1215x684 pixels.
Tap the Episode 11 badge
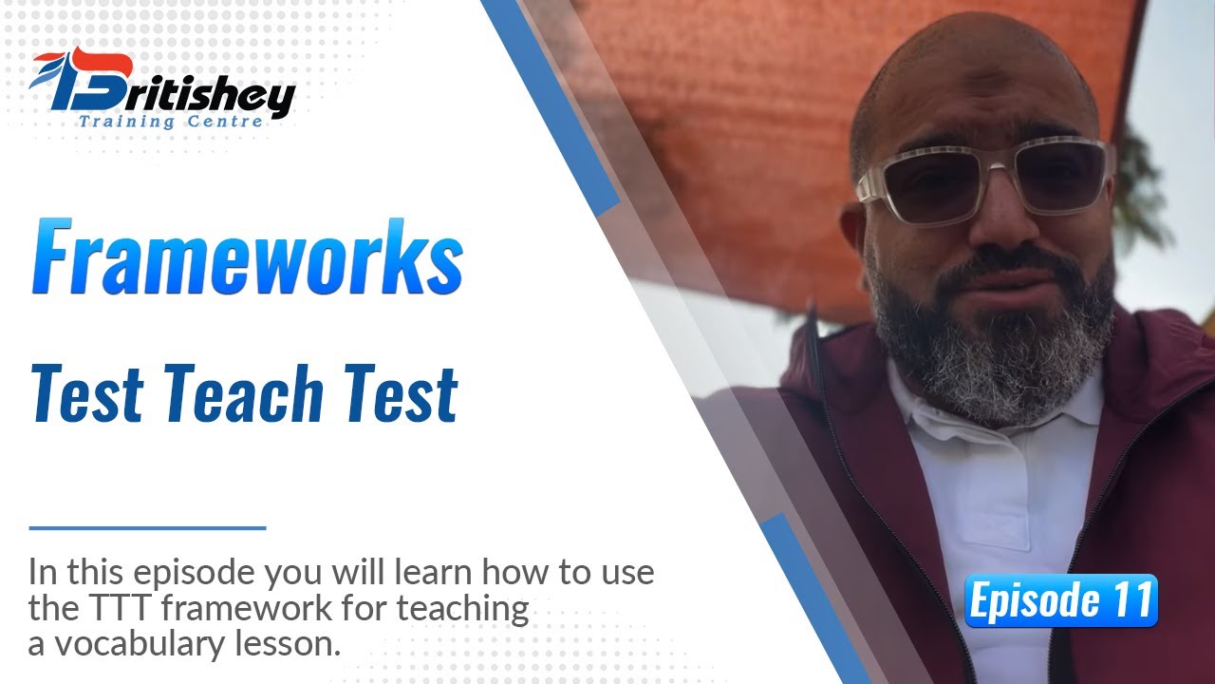point(1061,601)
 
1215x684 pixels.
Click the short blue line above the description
point(147,527)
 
